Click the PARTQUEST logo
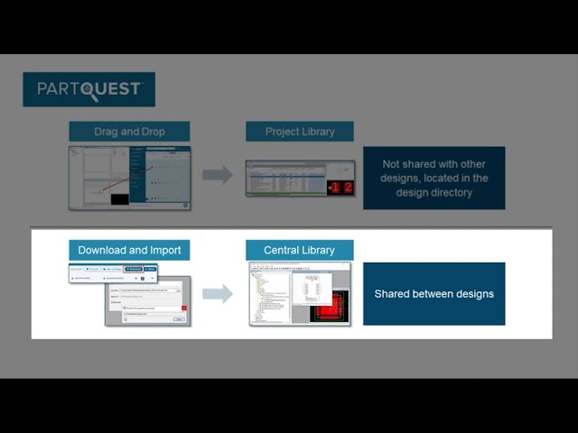click(x=89, y=89)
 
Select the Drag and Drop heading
click(x=129, y=132)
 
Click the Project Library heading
click(x=299, y=132)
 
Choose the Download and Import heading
click(x=129, y=250)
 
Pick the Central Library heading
click(x=299, y=250)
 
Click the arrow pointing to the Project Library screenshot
click(x=217, y=175)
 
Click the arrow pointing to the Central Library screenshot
click(x=217, y=293)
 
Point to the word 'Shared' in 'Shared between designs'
click(x=394, y=294)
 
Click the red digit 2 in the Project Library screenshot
click(x=347, y=188)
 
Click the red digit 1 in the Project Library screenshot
click(x=334, y=188)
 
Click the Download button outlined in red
click(x=134, y=269)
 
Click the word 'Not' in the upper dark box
click(x=391, y=164)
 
